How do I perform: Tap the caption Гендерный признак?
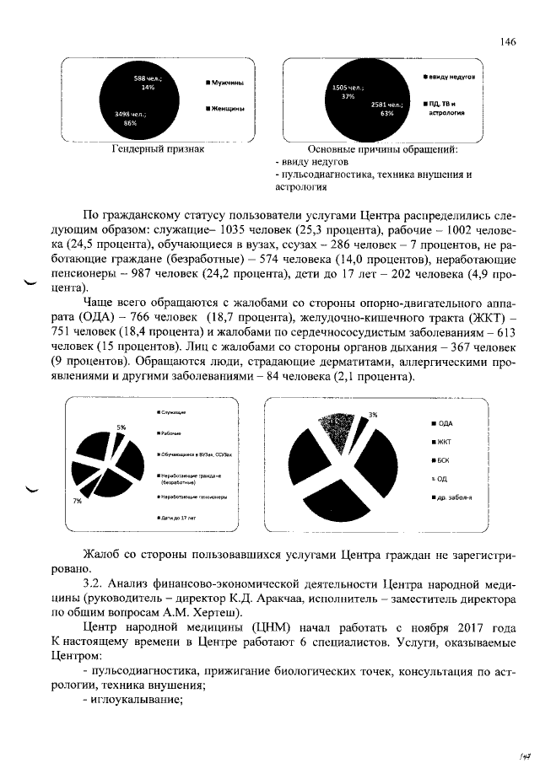(158, 149)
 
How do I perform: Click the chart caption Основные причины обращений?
(383, 149)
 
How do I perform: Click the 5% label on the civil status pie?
(121, 427)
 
